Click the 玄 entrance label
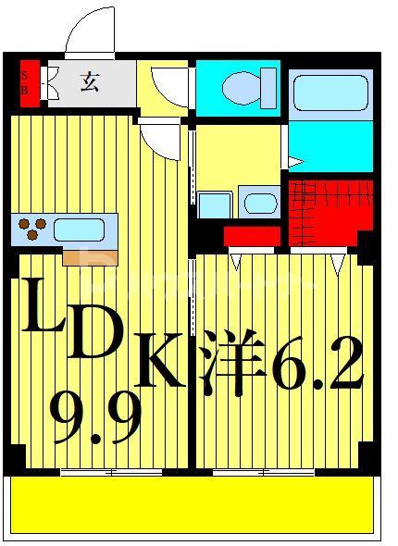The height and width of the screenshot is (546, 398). click(89, 82)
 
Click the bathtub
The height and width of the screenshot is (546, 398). click(330, 93)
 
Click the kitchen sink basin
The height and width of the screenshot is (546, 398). click(81, 228)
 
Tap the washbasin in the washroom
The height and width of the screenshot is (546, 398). click(260, 204)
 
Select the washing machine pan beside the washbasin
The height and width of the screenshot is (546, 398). click(215, 205)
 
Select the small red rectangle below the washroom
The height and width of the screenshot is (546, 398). click(252, 236)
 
